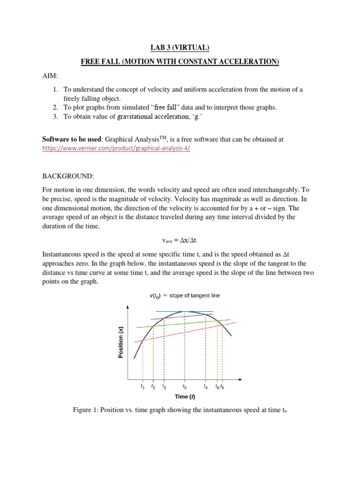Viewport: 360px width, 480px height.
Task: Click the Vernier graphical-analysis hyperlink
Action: point(116,148)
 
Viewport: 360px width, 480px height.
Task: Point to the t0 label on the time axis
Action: point(185,387)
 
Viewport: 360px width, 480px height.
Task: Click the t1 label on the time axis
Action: point(142,387)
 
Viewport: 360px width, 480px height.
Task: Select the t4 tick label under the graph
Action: point(206,387)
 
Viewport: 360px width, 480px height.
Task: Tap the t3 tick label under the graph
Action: point(164,387)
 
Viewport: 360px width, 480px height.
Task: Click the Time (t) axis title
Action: point(185,397)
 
